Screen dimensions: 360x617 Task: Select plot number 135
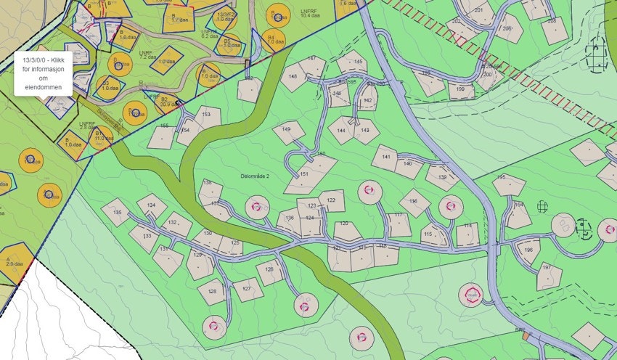pyautogui.click(x=116, y=213)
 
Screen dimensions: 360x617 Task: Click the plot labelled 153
pyautogui.click(x=208, y=115)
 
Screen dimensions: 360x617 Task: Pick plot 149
pyautogui.click(x=287, y=132)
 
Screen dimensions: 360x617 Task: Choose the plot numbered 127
pyautogui.click(x=248, y=289)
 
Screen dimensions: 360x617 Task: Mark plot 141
pyautogui.click(x=385, y=157)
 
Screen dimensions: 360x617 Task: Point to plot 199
pyautogui.click(x=460, y=91)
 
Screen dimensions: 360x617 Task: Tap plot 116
pyautogui.click(x=414, y=202)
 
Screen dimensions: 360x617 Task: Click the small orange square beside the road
pyautogui.click(x=526, y=336)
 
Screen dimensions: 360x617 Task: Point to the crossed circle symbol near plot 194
pyautogui.click(x=542, y=206)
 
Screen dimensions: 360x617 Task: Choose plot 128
pyautogui.click(x=212, y=292)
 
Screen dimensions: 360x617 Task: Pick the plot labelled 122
pyautogui.click(x=332, y=200)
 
